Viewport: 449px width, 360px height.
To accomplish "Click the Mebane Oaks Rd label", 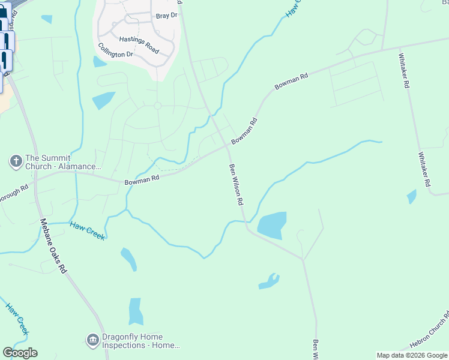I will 53,245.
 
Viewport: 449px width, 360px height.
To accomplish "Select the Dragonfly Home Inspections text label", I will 140,341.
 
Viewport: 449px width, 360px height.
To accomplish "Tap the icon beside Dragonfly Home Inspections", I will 92,341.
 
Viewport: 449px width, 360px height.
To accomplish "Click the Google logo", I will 20,353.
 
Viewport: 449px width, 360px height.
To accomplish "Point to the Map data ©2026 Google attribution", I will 412,355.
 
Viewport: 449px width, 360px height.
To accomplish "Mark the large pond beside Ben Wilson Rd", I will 271,225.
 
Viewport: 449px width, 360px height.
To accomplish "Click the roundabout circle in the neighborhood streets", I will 158,106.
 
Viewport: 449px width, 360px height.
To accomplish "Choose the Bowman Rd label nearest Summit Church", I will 142,179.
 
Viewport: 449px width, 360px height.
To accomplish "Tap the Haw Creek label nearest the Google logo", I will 17,318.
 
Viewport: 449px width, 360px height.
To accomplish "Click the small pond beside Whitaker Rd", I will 412,196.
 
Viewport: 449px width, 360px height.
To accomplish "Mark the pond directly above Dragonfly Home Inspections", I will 136,311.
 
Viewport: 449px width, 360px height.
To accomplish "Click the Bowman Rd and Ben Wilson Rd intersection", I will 228,145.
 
